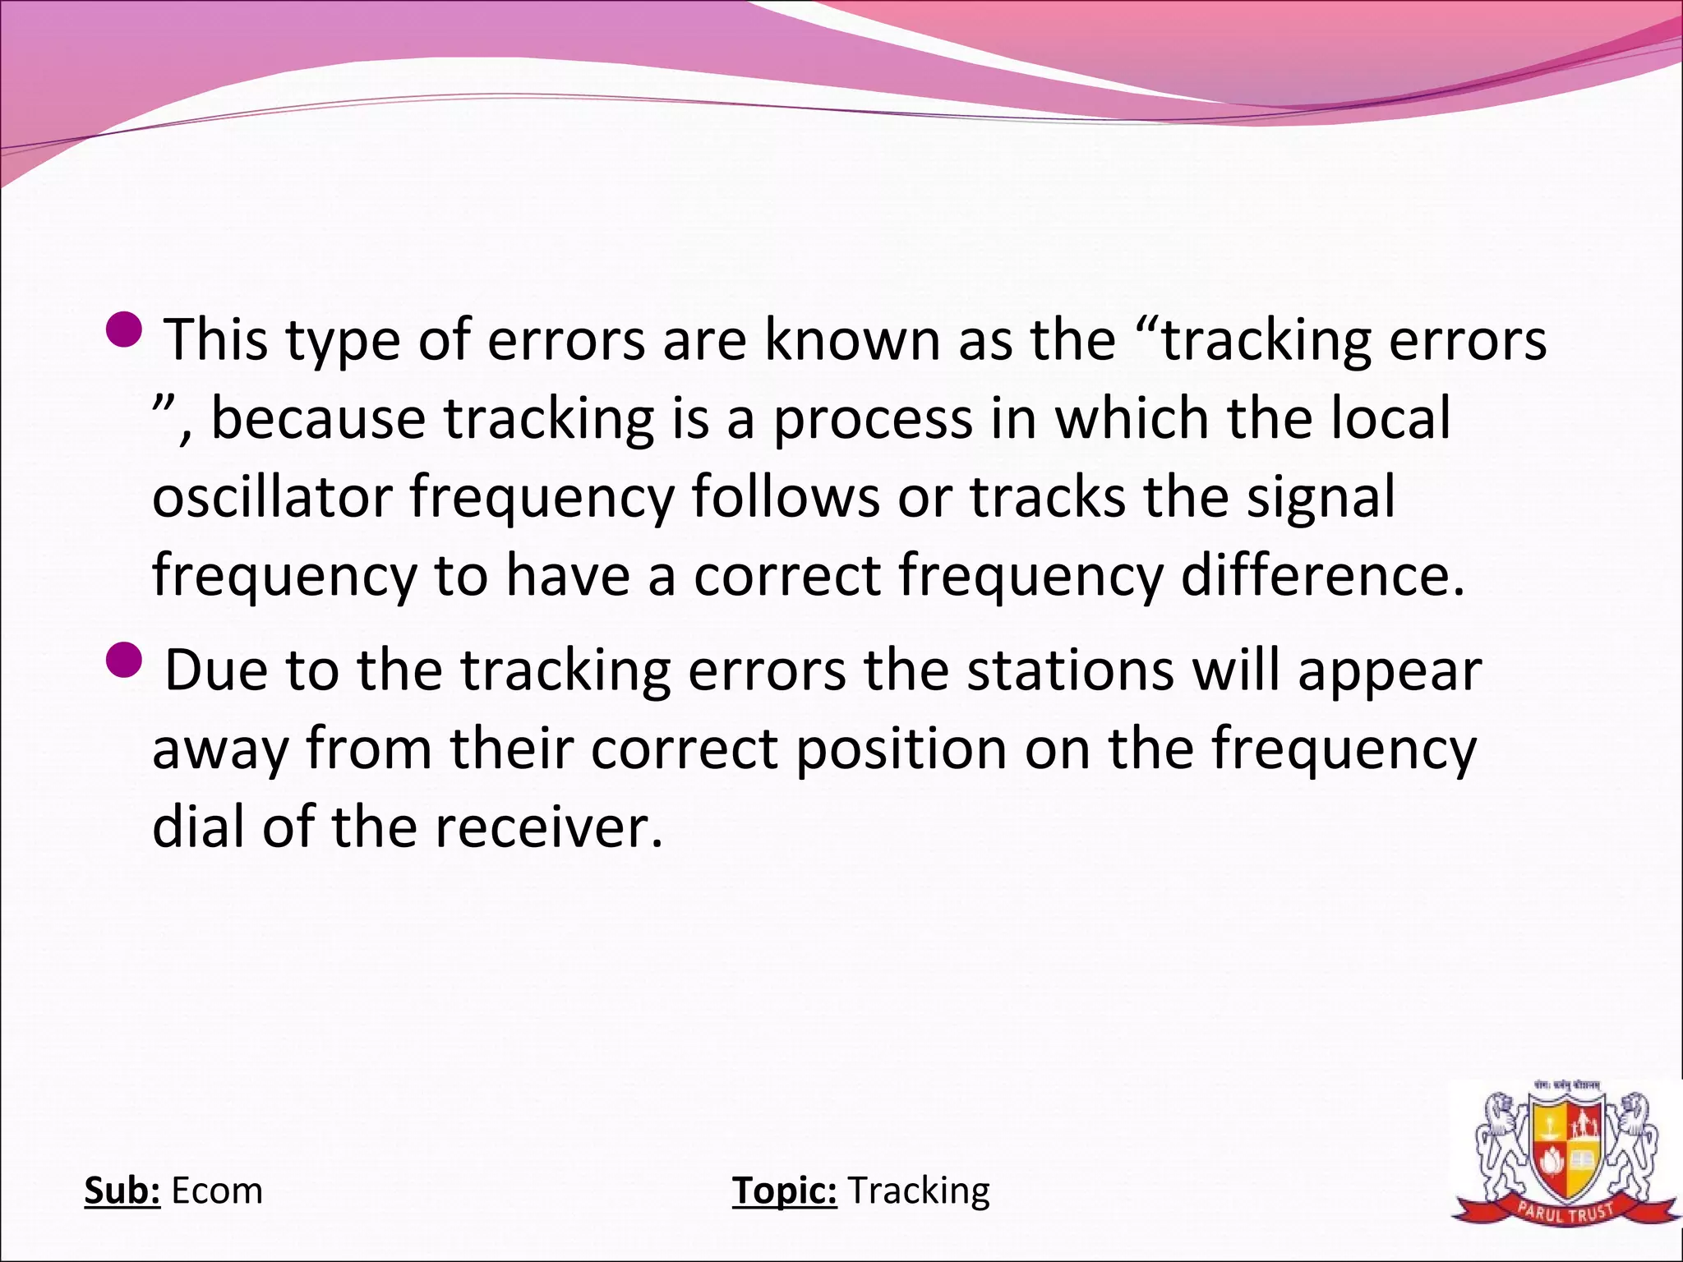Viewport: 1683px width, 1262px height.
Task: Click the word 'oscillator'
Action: click(x=271, y=497)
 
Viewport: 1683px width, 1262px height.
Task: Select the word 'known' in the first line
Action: click(x=852, y=339)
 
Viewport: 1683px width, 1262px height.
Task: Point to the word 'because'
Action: click(x=318, y=418)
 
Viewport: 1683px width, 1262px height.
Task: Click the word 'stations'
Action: click(x=1070, y=670)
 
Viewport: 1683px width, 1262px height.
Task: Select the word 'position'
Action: click(x=900, y=750)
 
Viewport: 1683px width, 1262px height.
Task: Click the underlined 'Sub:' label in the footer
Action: click(x=122, y=1191)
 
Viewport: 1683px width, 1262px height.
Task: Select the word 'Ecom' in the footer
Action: click(x=217, y=1191)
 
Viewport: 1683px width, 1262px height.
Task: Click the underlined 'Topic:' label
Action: click(x=784, y=1191)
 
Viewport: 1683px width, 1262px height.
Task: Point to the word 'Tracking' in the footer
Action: click(x=919, y=1191)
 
